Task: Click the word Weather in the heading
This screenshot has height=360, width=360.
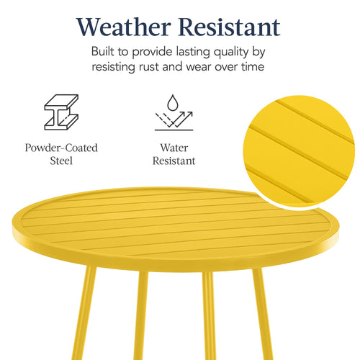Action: (122, 27)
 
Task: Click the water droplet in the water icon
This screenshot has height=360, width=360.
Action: (174, 102)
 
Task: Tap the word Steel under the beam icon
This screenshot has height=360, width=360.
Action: (62, 161)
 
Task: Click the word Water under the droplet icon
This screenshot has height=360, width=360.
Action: (174, 148)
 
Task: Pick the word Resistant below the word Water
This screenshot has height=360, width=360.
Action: (174, 161)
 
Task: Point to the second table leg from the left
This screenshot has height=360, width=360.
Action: (143, 317)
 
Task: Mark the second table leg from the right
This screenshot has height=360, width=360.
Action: (209, 317)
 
